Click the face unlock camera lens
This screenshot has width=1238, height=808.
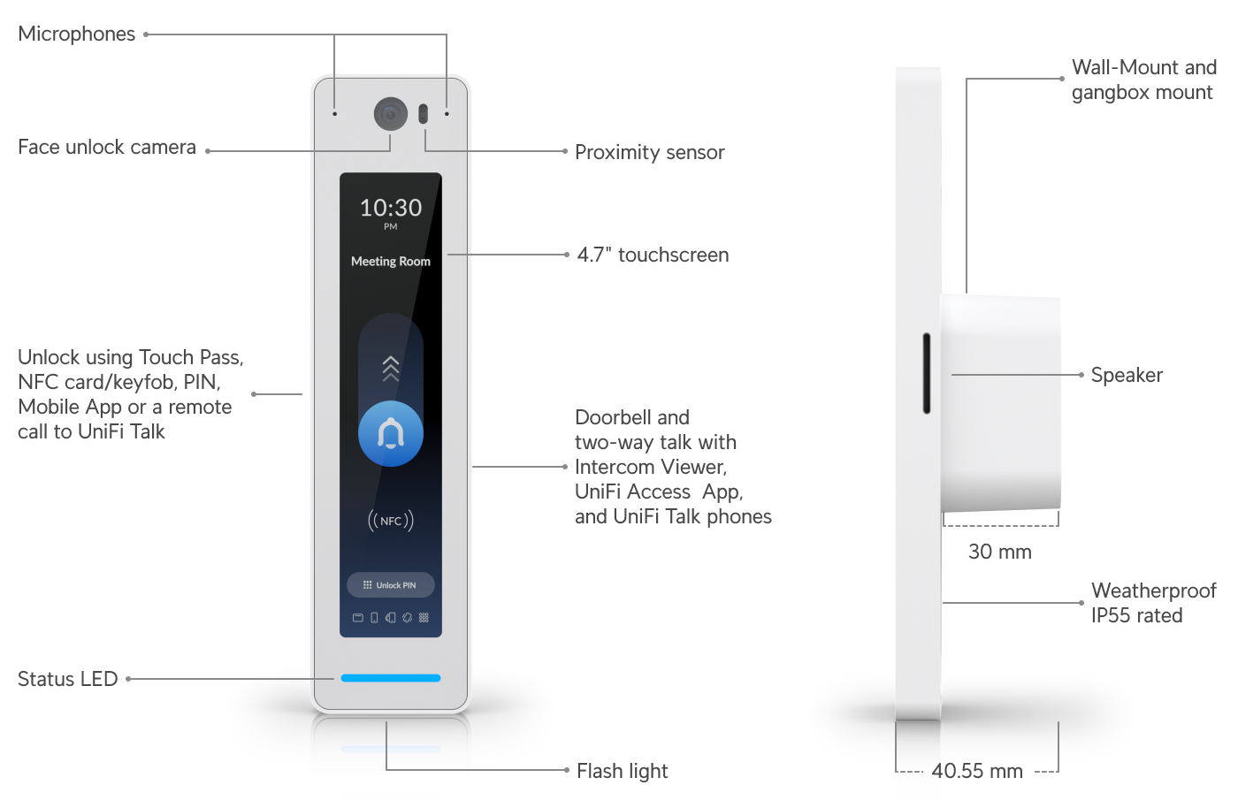(x=390, y=114)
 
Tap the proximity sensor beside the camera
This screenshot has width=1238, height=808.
(x=423, y=114)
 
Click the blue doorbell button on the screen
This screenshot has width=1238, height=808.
(x=391, y=433)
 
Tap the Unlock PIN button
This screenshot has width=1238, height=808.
(x=391, y=585)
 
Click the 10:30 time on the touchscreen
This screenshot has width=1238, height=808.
(x=391, y=208)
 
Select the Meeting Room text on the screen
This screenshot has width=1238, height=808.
(x=391, y=262)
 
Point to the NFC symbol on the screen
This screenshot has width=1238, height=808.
(x=391, y=521)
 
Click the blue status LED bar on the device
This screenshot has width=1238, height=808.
(x=391, y=678)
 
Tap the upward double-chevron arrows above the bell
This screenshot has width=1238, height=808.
(x=391, y=369)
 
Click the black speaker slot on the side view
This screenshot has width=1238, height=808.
(x=927, y=373)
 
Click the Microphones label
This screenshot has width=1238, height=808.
(x=77, y=34)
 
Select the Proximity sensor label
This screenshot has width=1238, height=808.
(x=649, y=152)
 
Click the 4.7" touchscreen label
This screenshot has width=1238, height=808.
(x=653, y=255)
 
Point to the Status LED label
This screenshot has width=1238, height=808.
(x=68, y=679)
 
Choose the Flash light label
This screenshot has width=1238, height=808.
(x=622, y=771)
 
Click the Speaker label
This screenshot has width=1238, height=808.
(x=1127, y=375)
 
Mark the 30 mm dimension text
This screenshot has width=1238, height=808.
(x=999, y=552)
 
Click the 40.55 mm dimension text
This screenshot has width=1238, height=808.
(x=977, y=771)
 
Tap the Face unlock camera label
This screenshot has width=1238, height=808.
(x=107, y=148)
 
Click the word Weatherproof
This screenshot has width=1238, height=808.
(x=1153, y=591)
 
